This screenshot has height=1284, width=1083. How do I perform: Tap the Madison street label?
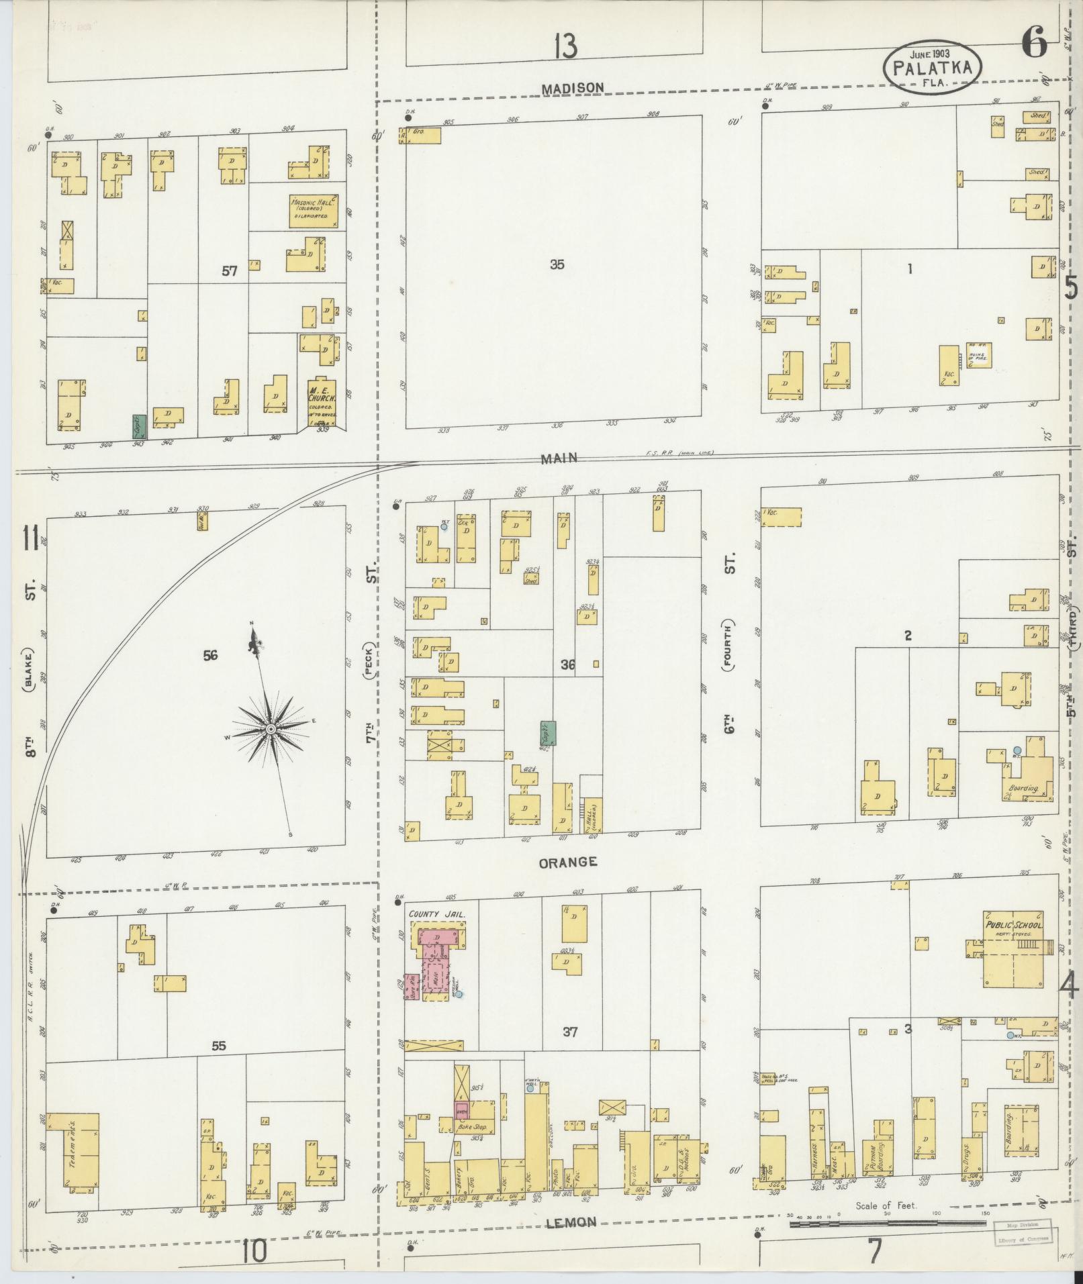[573, 87]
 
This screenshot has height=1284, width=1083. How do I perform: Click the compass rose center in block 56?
[270, 729]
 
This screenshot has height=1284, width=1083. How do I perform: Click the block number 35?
[557, 264]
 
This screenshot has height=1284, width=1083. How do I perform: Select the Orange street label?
[567, 862]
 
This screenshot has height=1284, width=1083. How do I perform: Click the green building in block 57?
[140, 426]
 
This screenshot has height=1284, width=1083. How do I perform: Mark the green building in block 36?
[548, 734]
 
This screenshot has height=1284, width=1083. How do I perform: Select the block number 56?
[210, 655]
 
